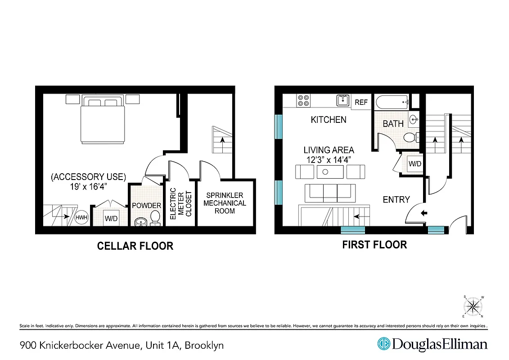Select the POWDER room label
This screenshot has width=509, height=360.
pyautogui.click(x=146, y=206)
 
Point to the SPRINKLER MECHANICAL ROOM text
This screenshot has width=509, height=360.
pyautogui.click(x=225, y=203)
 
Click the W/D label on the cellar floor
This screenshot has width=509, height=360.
pyautogui.click(x=111, y=219)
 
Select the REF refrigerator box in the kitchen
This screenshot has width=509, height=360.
pyautogui.click(x=361, y=103)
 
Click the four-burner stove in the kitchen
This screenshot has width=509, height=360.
pyautogui.click(x=303, y=100)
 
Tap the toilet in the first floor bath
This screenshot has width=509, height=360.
pyautogui.click(x=411, y=137)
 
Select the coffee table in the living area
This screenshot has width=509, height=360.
pyautogui.click(x=330, y=171)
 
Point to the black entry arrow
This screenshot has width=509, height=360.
pyautogui.click(x=423, y=214)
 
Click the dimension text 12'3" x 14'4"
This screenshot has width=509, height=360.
pyautogui.click(x=329, y=159)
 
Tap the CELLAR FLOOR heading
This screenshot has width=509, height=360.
pyautogui.click(x=135, y=246)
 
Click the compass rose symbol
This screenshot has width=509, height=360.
pyautogui.click(x=473, y=307)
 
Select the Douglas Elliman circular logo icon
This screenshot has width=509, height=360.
pyautogui.click(x=383, y=345)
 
